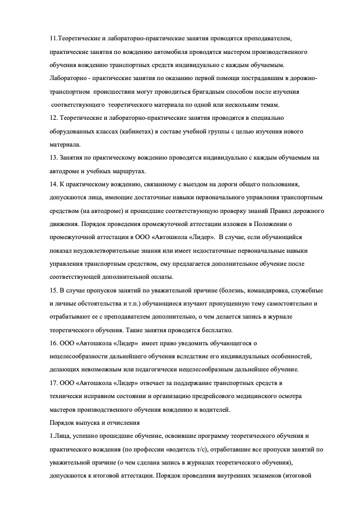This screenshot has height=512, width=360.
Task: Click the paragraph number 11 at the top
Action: (54, 39)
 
